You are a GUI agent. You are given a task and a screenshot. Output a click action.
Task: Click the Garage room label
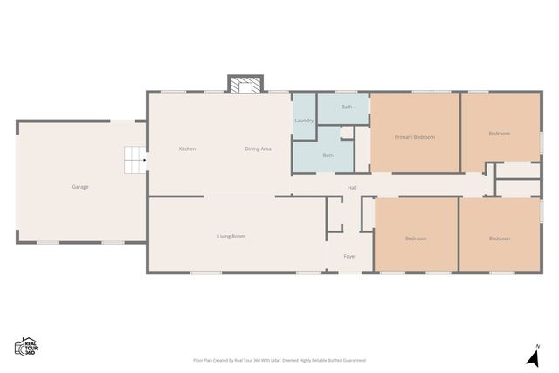point(80,186)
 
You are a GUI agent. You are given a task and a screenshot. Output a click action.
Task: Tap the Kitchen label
point(187,149)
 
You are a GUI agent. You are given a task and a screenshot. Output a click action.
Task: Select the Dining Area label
point(258,149)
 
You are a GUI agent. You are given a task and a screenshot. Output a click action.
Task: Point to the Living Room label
point(231,237)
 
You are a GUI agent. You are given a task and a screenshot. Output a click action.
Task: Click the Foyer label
point(349,256)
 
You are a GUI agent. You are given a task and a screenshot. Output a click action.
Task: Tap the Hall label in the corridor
point(352,187)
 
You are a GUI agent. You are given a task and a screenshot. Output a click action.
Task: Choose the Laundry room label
point(304,120)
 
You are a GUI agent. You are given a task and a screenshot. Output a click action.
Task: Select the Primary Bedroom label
point(415,137)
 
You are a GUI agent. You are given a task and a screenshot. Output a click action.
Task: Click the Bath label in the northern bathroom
point(347,107)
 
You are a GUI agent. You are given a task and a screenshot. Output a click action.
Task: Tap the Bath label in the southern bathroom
point(328,155)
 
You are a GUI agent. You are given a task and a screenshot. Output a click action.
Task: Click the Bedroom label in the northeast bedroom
point(500,133)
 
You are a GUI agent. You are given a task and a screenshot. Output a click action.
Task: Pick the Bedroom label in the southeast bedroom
point(500,238)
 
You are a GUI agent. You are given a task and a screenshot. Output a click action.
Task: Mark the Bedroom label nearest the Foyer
point(416,238)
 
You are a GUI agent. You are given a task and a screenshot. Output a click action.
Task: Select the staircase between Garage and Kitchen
point(133,160)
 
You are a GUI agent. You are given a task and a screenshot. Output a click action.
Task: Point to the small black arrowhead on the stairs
point(144,160)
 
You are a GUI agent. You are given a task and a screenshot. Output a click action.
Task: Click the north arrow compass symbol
point(532,356)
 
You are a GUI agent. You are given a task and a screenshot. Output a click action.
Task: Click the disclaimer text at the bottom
point(279,360)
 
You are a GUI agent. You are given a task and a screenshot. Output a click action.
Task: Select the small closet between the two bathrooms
point(347,133)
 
